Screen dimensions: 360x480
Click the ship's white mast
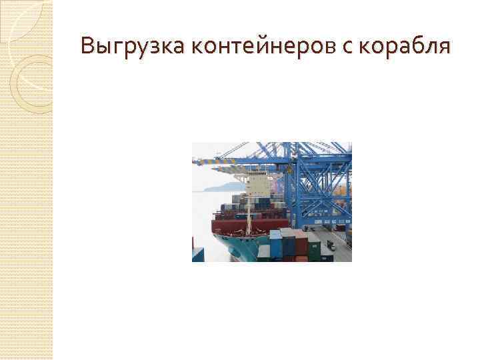pos(247,200)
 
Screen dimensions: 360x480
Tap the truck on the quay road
pos(331,247)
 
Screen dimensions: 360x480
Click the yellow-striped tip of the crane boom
pos(199,161)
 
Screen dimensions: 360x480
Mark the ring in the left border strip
pos(30,80)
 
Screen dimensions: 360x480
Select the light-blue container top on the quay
pos(275,233)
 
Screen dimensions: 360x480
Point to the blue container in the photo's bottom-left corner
pos(198,255)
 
